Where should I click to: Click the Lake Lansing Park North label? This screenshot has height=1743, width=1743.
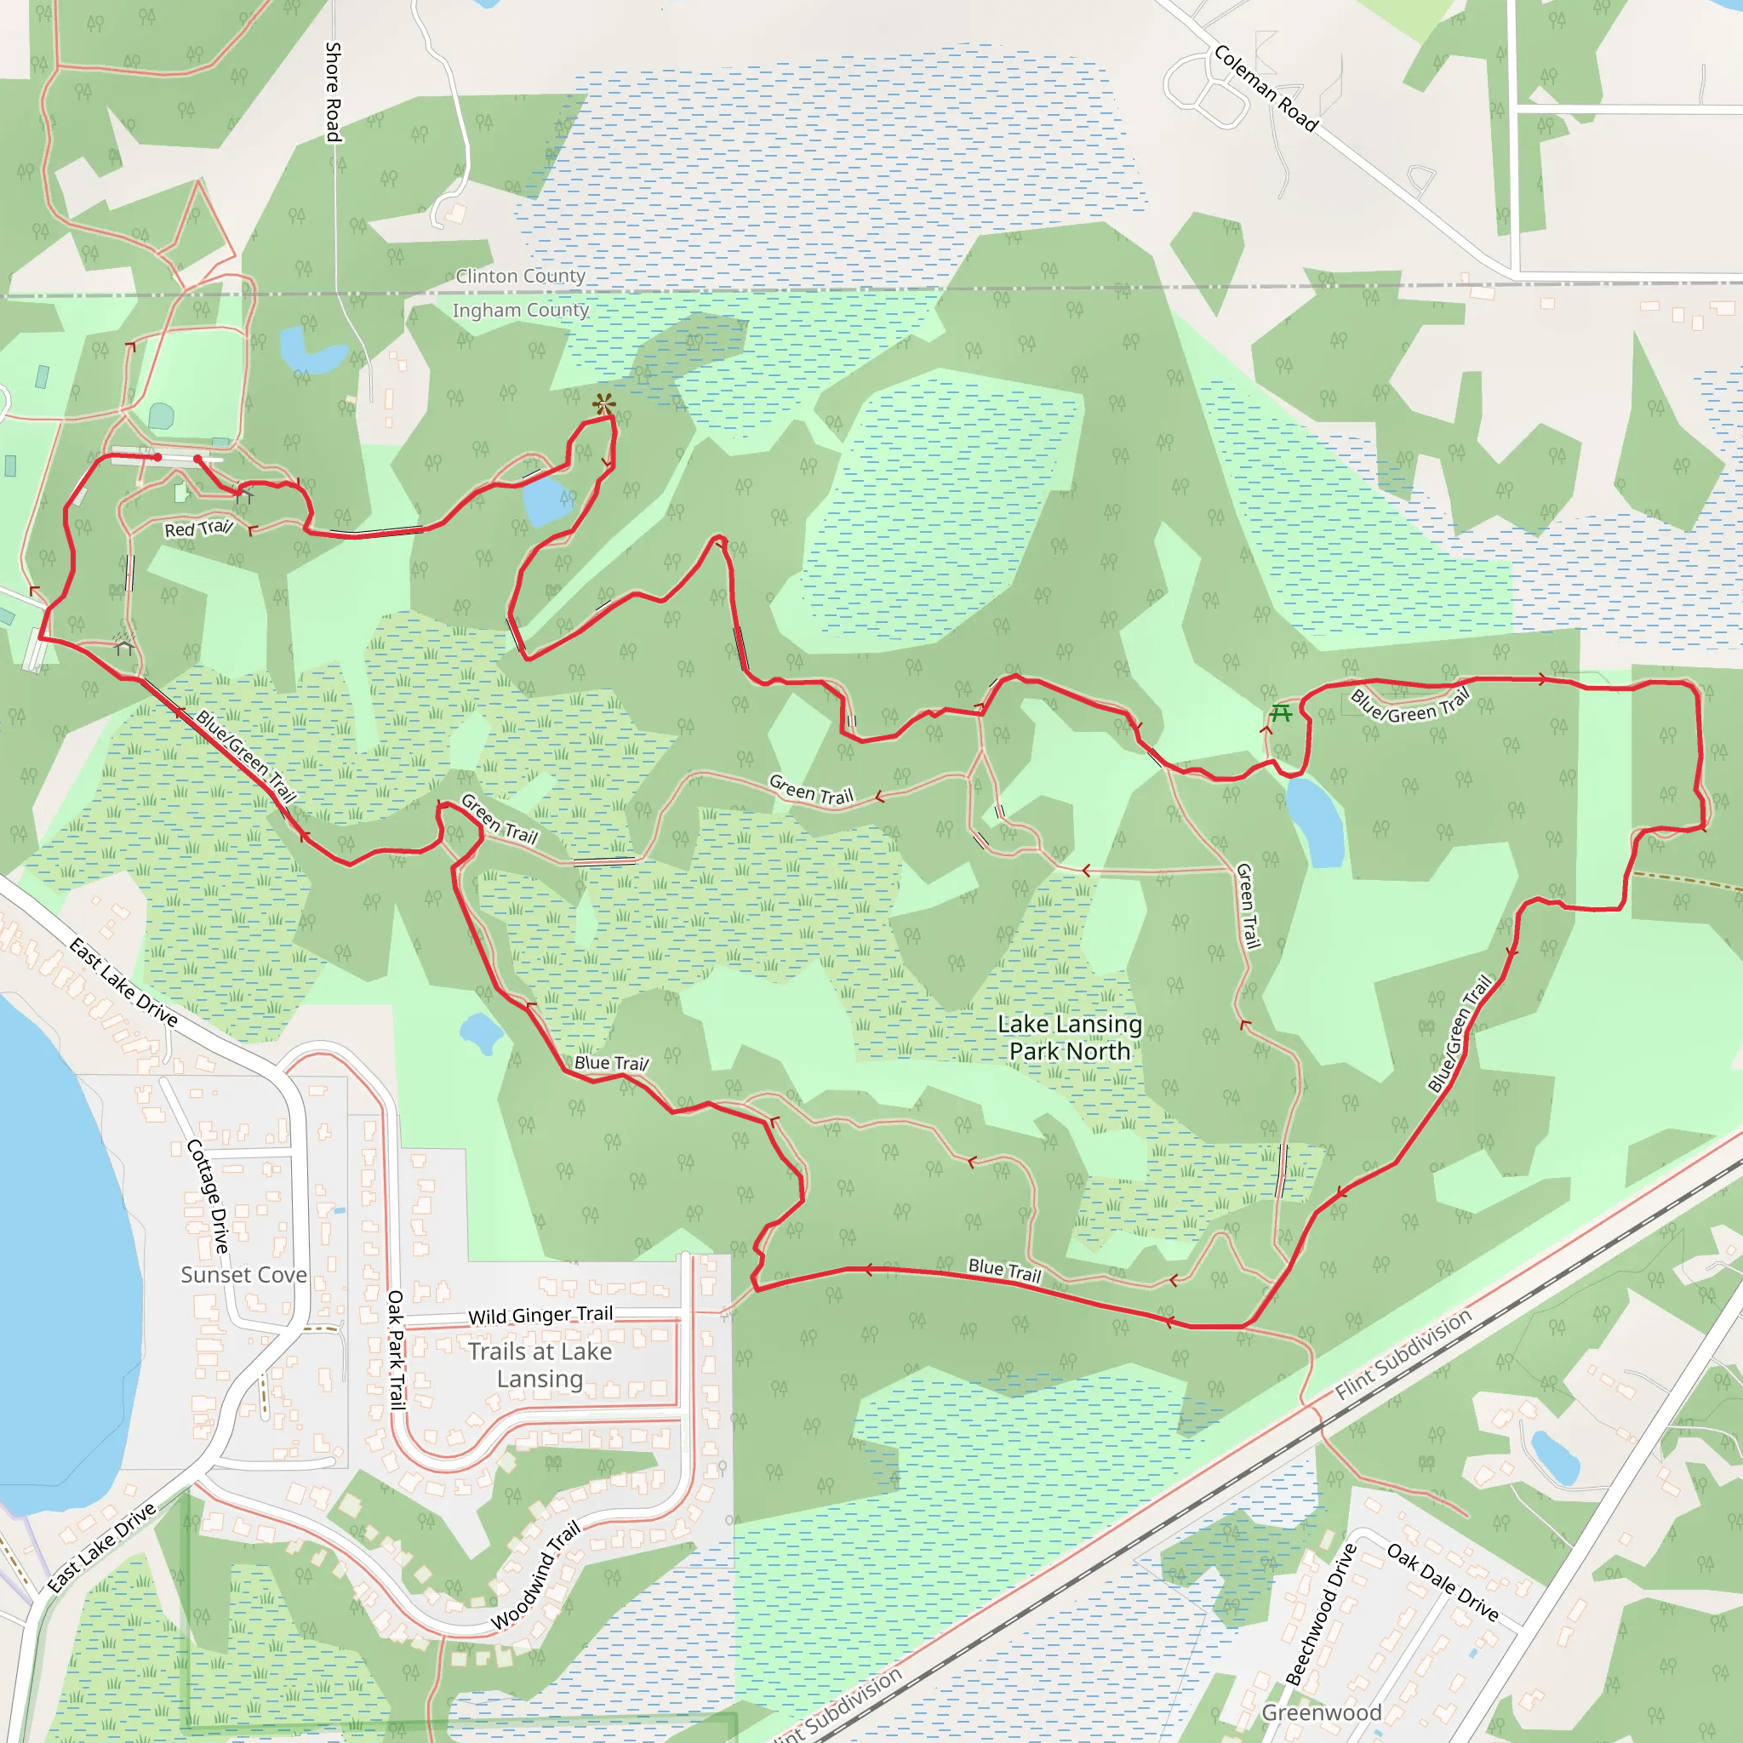1069,1037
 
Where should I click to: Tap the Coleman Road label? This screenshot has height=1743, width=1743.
1265,89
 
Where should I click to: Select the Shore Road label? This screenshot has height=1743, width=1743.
333,92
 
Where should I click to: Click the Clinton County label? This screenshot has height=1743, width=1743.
521,276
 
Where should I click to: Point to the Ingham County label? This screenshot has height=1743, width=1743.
521,311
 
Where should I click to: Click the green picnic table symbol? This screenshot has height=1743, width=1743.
1280,713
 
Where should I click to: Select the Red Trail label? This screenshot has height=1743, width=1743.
198,529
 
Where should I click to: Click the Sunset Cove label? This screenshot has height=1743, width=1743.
243,1275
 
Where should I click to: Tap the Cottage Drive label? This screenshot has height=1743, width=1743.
208,1197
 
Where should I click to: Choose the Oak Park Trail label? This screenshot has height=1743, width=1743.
395,1350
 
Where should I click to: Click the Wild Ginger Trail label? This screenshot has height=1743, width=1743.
540,1316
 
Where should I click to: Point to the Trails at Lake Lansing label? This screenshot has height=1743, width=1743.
540,1365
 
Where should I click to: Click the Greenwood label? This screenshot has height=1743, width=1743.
1321,1712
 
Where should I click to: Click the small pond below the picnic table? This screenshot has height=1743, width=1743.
1317,822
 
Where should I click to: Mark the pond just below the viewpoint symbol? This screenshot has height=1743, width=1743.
546,501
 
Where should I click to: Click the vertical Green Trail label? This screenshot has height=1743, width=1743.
1247,906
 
